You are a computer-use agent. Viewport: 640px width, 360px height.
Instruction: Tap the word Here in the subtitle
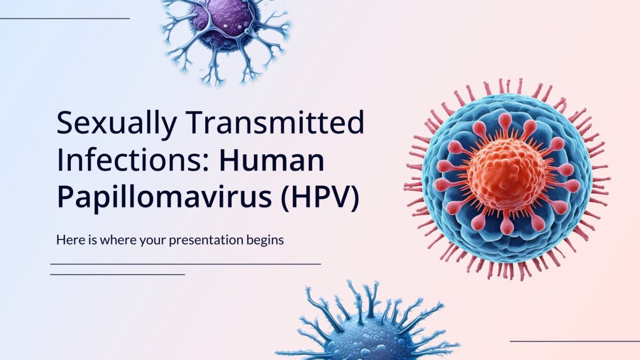click(x=67, y=240)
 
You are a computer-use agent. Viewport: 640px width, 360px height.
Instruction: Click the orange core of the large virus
click(x=507, y=174)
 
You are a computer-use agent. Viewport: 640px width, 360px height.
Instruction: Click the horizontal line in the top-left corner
click(x=65, y=19)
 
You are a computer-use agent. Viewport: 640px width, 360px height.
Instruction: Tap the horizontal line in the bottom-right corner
click(x=574, y=341)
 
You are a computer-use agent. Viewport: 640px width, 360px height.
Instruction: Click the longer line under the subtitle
click(x=186, y=263)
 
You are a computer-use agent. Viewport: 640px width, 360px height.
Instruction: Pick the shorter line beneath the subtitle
click(x=117, y=274)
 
